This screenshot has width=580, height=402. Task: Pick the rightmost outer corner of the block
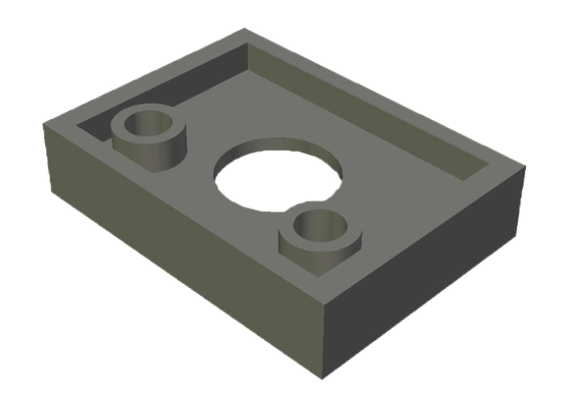[525, 166]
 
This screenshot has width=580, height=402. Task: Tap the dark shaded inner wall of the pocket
[159, 95]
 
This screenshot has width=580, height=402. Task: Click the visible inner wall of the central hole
[278, 147]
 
